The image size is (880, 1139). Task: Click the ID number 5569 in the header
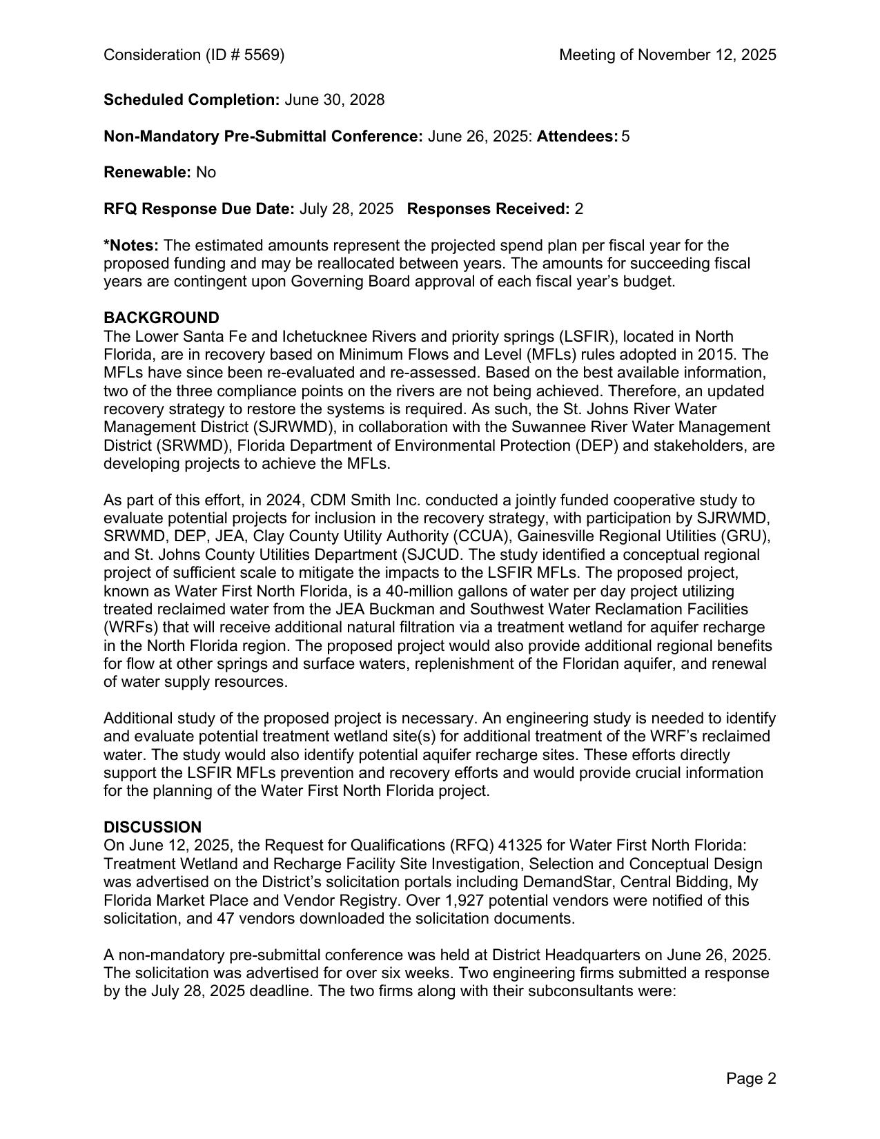[265, 55]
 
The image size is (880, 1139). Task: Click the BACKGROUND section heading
[161, 318]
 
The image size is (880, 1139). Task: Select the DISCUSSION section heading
[153, 827]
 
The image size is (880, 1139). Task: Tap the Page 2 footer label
[751, 1078]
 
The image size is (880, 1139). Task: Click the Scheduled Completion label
[191, 100]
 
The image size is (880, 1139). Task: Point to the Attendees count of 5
[625, 137]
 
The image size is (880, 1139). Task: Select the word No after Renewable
[206, 173]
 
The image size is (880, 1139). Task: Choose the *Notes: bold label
[131, 246]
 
